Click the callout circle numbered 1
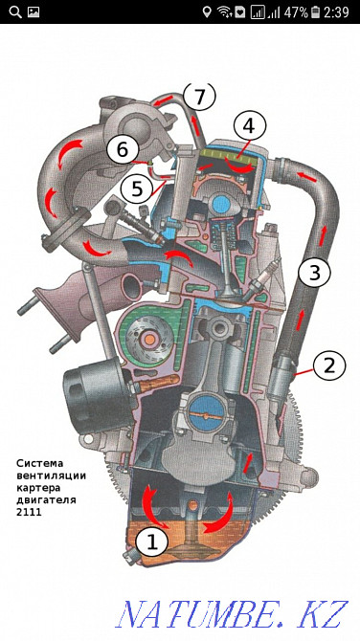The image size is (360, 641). click(150, 541)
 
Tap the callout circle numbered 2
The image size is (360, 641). click(328, 364)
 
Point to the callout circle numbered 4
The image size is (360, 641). click(248, 125)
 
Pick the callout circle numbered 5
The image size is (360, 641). click(140, 188)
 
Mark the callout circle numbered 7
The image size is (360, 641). click(199, 96)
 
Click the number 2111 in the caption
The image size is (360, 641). click(30, 511)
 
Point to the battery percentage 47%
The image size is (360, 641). click(295, 12)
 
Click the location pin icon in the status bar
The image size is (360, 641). click(207, 12)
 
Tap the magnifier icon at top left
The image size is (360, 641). click(11, 12)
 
